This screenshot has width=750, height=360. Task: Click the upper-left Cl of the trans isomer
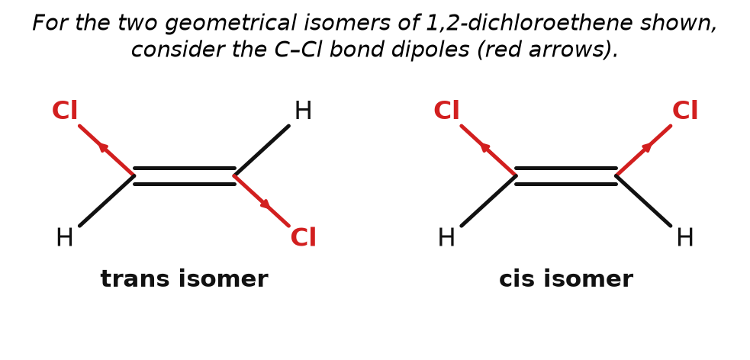click(x=65, y=111)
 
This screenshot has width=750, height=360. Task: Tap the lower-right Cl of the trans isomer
click(x=303, y=238)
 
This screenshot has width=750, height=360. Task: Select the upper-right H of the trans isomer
click(x=303, y=111)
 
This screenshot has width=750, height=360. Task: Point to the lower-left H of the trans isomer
click(x=65, y=238)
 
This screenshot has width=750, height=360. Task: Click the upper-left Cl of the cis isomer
click(x=446, y=111)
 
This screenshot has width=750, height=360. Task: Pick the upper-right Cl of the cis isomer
click(x=685, y=111)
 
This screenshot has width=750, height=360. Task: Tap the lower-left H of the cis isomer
click(x=446, y=238)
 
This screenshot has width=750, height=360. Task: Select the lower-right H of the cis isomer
click(x=685, y=238)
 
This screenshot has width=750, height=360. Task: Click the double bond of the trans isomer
click(x=185, y=176)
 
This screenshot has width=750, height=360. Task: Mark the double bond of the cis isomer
click(x=566, y=176)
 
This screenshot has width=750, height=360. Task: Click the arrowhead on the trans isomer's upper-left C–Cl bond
click(x=103, y=147)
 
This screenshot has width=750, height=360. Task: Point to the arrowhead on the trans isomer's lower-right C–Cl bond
click(x=265, y=204)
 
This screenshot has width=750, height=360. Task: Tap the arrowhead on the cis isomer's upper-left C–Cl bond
click(x=485, y=147)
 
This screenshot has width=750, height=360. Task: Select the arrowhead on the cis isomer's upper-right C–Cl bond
click(x=647, y=147)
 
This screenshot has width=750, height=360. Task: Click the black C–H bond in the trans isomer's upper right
click(x=262, y=150)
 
